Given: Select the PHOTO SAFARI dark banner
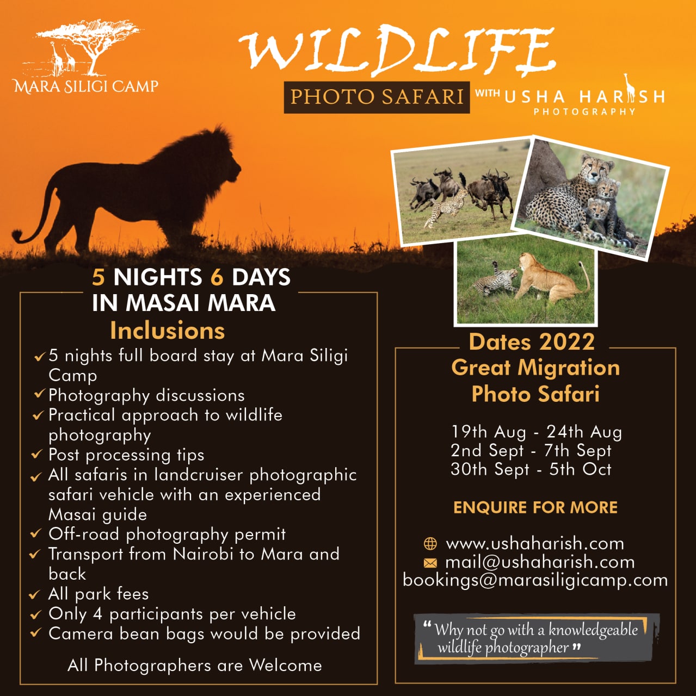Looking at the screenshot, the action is pos(377,97).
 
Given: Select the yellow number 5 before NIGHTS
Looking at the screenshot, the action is pos(98,277).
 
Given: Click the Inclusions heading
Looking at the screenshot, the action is pos(168,330).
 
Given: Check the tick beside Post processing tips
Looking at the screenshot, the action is pos(37,454).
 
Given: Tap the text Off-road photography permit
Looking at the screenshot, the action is pos(167,534).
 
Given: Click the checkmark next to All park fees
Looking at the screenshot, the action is pos(35,594).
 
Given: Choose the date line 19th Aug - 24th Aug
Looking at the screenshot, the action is pos(537,432).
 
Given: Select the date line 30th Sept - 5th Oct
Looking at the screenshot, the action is pos(531,470).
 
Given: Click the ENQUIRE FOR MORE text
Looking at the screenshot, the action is pos(535,507).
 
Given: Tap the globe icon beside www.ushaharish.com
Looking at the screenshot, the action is pos(430,544).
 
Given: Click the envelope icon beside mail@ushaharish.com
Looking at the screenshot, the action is pos(430,563).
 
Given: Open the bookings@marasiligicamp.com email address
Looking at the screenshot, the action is pos(535,581).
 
